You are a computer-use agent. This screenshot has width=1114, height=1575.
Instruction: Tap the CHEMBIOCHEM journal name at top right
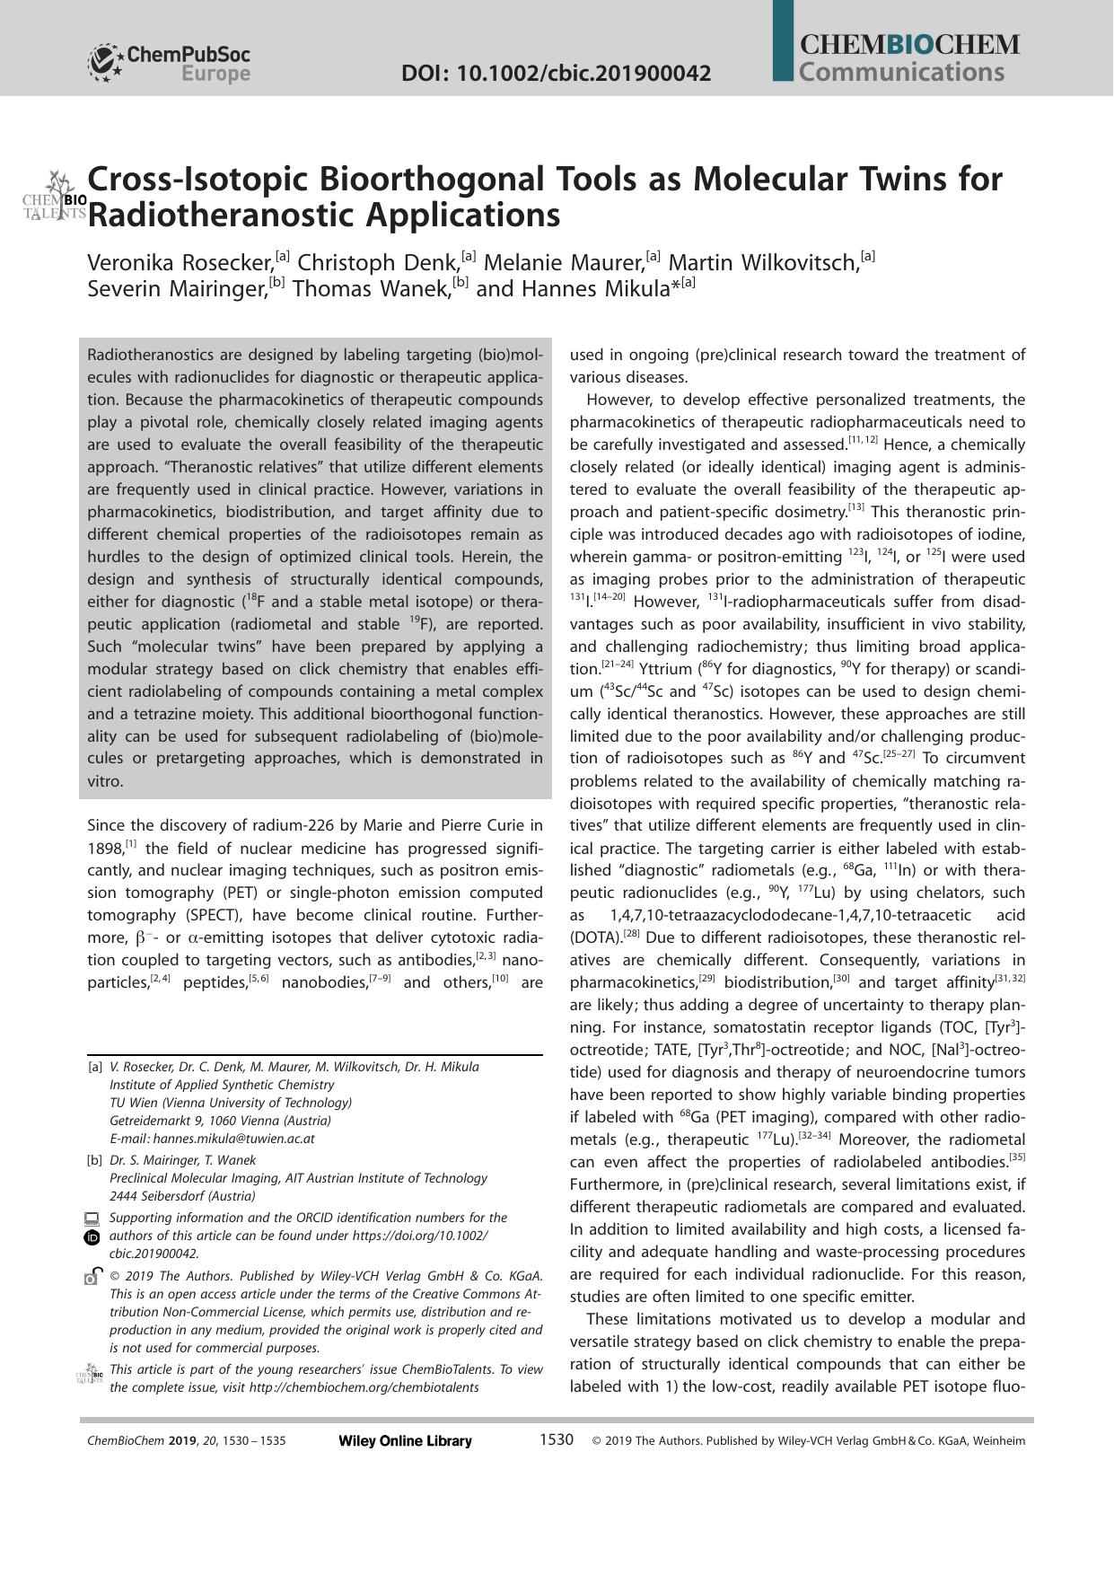point(909,45)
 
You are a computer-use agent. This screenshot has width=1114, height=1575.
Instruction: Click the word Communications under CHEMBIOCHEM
point(900,72)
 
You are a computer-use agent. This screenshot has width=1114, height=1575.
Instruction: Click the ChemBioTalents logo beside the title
point(55,196)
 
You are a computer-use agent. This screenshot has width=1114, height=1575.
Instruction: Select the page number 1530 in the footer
point(556,1439)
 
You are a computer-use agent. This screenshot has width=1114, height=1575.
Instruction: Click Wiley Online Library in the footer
point(405,1440)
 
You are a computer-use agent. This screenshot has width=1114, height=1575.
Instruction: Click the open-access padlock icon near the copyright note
point(92,1276)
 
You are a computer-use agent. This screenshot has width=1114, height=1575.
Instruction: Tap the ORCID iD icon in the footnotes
point(92,1237)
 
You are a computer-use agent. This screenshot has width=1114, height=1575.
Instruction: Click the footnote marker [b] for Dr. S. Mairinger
point(94,1160)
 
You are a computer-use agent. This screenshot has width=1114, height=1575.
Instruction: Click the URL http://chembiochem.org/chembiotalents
point(364,1387)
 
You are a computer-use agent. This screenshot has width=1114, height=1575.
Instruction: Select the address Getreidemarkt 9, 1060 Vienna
point(220,1121)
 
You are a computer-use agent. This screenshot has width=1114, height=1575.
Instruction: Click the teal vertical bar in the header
point(783,40)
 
